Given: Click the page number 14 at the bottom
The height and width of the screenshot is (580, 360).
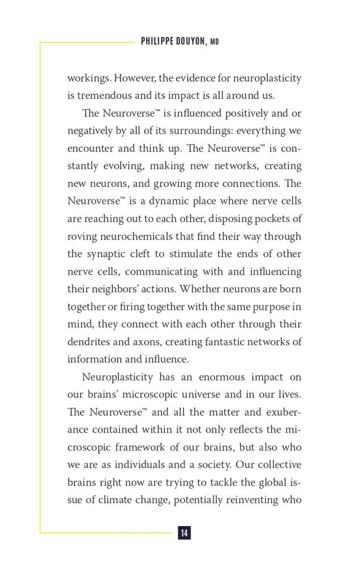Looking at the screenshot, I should (x=184, y=533).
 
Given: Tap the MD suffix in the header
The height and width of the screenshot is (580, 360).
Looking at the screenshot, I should (x=215, y=42).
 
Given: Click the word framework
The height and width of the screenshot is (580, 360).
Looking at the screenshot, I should (x=137, y=447).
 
